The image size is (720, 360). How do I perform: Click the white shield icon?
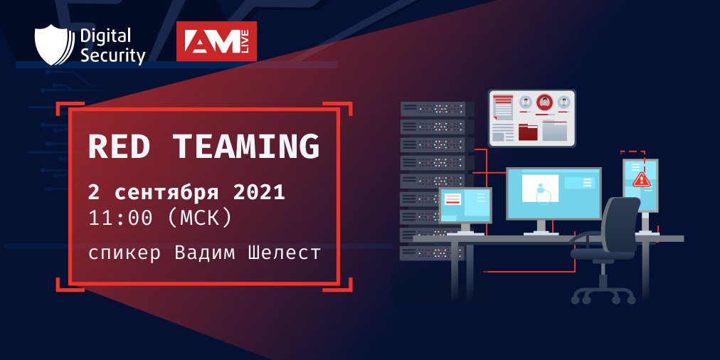pyautogui.click(x=53, y=45)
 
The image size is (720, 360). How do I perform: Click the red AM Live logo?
pyautogui.click(x=216, y=41)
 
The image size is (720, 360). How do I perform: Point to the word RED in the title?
pyautogui.click(x=118, y=146)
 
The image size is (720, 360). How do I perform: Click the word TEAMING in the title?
pyautogui.click(x=245, y=146)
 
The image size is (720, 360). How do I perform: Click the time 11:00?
pyautogui.click(x=120, y=218)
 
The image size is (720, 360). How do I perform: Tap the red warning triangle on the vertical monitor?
pyautogui.click(x=641, y=179)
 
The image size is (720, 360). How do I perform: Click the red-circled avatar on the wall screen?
pyautogui.click(x=545, y=102)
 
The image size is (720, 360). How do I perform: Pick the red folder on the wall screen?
pyautogui.click(x=528, y=131)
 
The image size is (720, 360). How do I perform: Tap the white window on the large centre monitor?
pyautogui.click(x=541, y=188)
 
